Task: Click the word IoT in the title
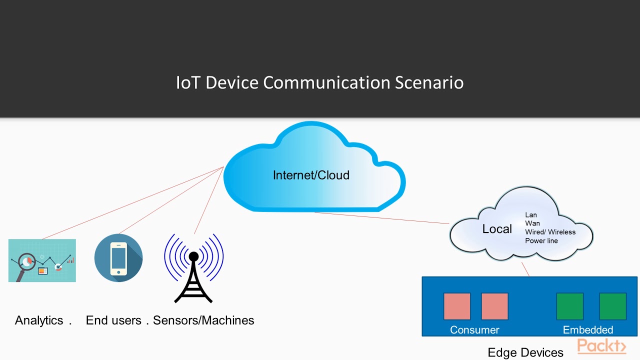click(x=188, y=82)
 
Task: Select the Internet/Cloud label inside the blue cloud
click(x=311, y=175)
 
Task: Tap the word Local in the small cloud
click(x=497, y=229)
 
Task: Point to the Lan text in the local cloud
click(x=531, y=215)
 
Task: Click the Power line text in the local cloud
click(x=541, y=241)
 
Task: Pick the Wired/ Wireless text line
click(x=550, y=232)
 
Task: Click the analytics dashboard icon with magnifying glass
click(x=42, y=260)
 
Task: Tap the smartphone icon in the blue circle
click(x=118, y=258)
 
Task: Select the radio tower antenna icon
click(x=193, y=268)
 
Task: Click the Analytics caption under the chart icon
click(x=39, y=320)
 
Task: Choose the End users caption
click(x=113, y=320)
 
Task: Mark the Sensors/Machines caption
click(x=203, y=320)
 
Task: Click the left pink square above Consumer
click(x=457, y=306)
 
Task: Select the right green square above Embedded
click(x=612, y=306)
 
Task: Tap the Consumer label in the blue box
click(x=474, y=330)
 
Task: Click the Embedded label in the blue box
click(x=588, y=330)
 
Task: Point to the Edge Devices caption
click(x=525, y=352)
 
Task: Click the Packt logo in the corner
click(x=601, y=346)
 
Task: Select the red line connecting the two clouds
click(x=382, y=218)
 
